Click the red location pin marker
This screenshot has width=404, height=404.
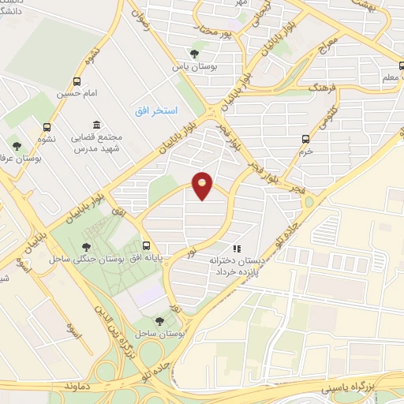coord(202,185)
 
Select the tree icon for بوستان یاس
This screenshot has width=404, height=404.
coord(194,54)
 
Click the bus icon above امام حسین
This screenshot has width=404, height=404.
coord(77,81)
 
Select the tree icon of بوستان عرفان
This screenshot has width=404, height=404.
coord(16,145)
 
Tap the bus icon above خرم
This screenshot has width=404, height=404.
coord(305,139)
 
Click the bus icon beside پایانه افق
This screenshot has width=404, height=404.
coord(147,245)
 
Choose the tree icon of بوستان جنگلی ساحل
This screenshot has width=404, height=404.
coord(84,246)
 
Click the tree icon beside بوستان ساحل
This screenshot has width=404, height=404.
coord(160,321)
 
